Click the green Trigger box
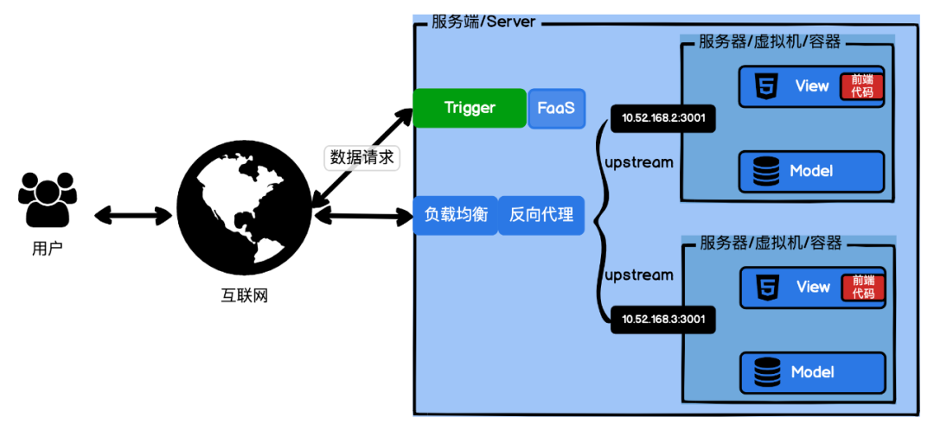pyautogui.click(x=470, y=108)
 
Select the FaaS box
pyautogui.click(x=556, y=108)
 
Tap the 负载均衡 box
pyautogui.click(x=456, y=215)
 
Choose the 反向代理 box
pyautogui.click(x=541, y=215)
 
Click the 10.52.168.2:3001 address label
pyautogui.click(x=663, y=117)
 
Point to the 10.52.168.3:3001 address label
pyautogui.click(x=663, y=319)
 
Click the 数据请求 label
pyautogui.click(x=362, y=158)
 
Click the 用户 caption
pyautogui.click(x=47, y=249)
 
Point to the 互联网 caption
pyautogui.click(x=244, y=295)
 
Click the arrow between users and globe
pyautogui.click(x=133, y=215)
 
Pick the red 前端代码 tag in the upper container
pyautogui.click(x=860, y=87)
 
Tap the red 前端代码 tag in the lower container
pyautogui.click(x=861, y=288)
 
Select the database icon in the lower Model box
pyautogui.click(x=766, y=371)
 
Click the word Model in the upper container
pyautogui.click(x=810, y=171)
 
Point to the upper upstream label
pyautogui.click(x=639, y=161)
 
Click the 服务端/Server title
pyautogui.click(x=483, y=22)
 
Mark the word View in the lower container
pyautogui.click(x=813, y=287)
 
